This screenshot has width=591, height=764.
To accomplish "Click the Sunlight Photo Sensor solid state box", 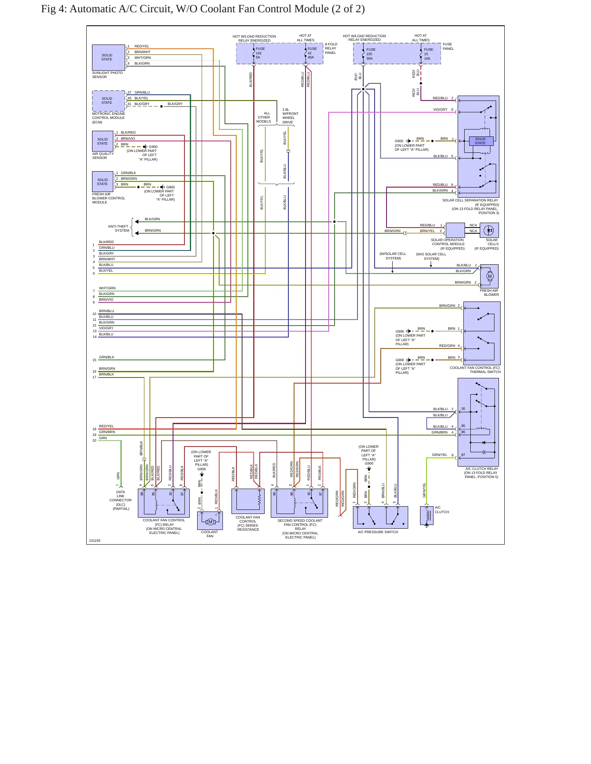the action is tap(108, 58).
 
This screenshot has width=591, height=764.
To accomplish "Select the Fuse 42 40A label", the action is tap(312, 53).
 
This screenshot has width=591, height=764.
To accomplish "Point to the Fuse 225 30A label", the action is tap(371, 54).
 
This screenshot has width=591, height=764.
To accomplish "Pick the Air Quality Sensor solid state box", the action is tap(103, 141).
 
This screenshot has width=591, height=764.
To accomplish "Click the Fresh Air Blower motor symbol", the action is tap(490, 276).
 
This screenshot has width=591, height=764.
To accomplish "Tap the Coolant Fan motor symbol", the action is tap(210, 522).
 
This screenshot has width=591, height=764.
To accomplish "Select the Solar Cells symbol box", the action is tap(489, 230).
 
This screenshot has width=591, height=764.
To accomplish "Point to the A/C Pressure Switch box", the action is tap(380, 517).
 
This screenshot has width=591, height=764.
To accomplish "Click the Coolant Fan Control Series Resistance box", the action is tap(248, 501).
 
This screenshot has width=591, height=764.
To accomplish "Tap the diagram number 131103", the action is tap(94, 541).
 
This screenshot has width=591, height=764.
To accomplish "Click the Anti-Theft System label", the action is tap(118, 228).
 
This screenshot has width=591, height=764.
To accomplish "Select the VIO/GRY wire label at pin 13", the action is tap(106, 328).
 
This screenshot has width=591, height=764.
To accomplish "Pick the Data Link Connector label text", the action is tap(121, 500).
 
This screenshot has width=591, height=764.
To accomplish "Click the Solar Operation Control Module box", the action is tap(455, 230).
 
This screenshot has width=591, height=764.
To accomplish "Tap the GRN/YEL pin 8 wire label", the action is tap(440, 455).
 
